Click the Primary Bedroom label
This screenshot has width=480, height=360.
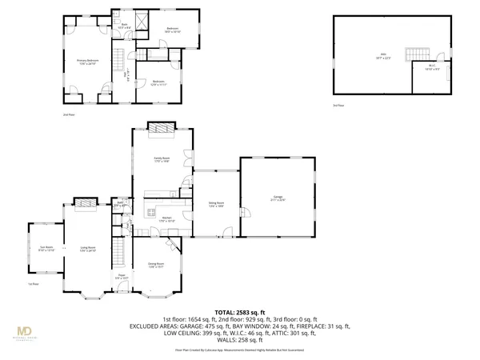coord(86,62)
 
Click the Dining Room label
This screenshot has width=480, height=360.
coord(155,264)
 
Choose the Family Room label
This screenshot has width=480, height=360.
coord(162,160)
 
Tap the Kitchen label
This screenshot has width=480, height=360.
coord(167,218)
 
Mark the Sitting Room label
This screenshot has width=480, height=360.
coord(215,205)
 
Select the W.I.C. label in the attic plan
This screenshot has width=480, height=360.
coord(430,67)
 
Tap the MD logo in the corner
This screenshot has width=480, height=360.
coord(26,331)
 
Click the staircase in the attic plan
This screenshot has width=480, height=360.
coord(417,54)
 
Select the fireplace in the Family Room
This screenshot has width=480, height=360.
coord(162,127)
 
